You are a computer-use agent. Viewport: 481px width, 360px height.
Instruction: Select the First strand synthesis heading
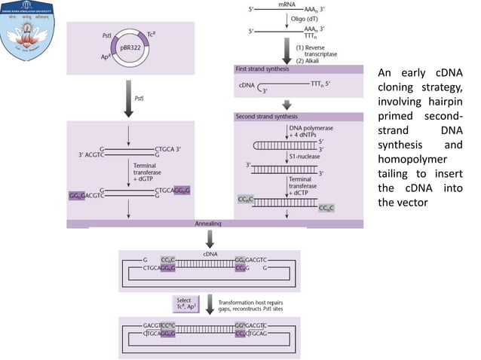264,69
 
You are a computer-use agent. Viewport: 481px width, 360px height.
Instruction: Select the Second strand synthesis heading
267,117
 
